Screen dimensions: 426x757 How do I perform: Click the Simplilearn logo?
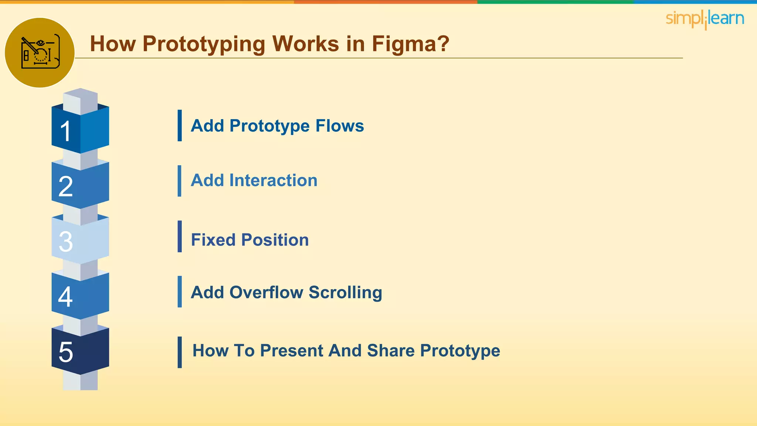click(705, 19)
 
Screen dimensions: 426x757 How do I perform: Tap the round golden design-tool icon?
click(40, 53)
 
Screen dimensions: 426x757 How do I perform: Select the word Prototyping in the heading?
click(204, 44)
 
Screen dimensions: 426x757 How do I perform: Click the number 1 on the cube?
click(66, 131)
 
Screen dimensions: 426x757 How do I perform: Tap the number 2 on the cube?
click(66, 186)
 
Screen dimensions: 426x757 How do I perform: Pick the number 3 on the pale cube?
click(66, 242)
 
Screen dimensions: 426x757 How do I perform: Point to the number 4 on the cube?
click(65, 297)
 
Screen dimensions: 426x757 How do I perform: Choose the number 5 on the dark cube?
click(66, 352)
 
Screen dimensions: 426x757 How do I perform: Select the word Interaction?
click(273, 180)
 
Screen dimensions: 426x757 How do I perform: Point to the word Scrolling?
click(345, 292)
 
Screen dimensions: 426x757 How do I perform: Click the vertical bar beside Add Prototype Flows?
click(180, 125)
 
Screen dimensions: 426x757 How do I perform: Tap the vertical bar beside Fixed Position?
click(180, 236)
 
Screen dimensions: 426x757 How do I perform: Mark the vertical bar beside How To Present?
click(180, 352)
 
